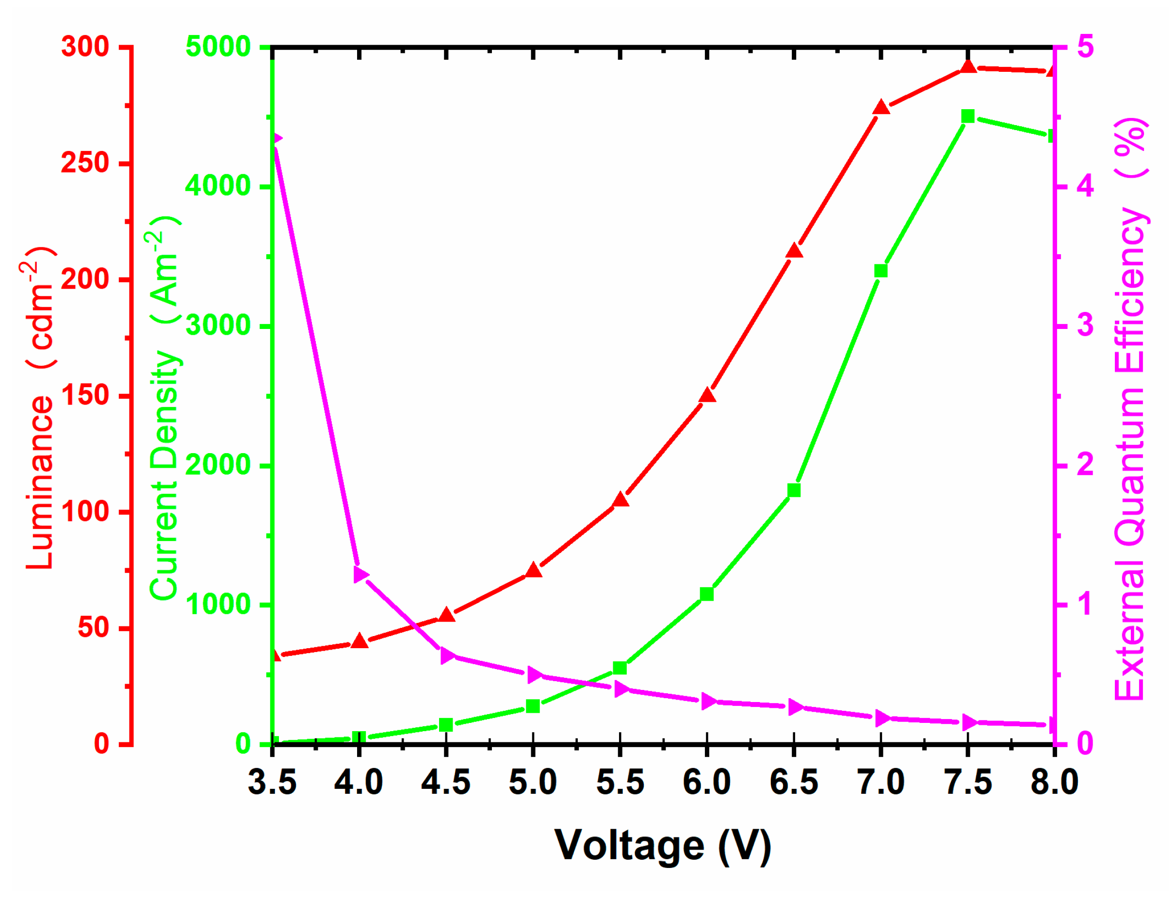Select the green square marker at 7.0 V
point(881,271)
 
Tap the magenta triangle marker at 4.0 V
point(360,575)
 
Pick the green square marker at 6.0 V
point(707,594)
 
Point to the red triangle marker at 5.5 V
point(621,500)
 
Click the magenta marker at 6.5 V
point(795,708)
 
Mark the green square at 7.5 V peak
point(967,117)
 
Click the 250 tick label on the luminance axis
point(85,163)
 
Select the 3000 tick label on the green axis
point(217,325)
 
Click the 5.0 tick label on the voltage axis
point(533,782)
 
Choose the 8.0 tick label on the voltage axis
point(1054,782)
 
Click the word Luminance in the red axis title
point(40,482)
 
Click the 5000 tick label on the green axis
point(217,47)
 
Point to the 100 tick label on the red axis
point(85,512)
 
